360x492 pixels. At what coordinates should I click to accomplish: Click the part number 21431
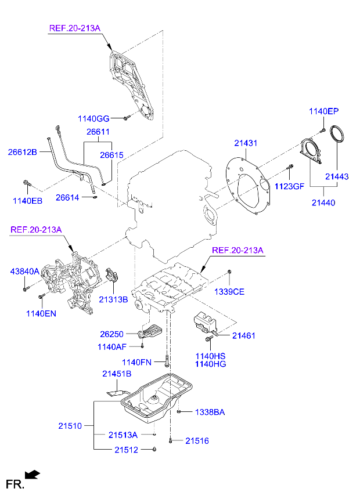tap(246, 143)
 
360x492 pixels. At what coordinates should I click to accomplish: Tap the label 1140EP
tap(323, 111)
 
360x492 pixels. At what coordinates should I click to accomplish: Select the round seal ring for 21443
tap(336, 134)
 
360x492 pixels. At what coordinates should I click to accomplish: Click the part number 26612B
tap(23, 152)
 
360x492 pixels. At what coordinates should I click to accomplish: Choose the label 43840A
tap(24, 271)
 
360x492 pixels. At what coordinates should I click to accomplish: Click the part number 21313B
tap(113, 299)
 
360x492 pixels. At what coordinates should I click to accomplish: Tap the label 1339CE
tap(230, 291)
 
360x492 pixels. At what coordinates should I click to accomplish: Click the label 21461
tap(244, 335)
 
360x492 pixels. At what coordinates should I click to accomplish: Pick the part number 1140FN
tap(136, 363)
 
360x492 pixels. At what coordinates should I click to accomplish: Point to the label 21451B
tap(118, 374)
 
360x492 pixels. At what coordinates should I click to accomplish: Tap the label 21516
tap(197, 441)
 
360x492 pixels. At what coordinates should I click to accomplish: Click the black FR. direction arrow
tap(33, 475)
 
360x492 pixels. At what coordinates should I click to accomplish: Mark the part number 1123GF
tap(289, 186)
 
